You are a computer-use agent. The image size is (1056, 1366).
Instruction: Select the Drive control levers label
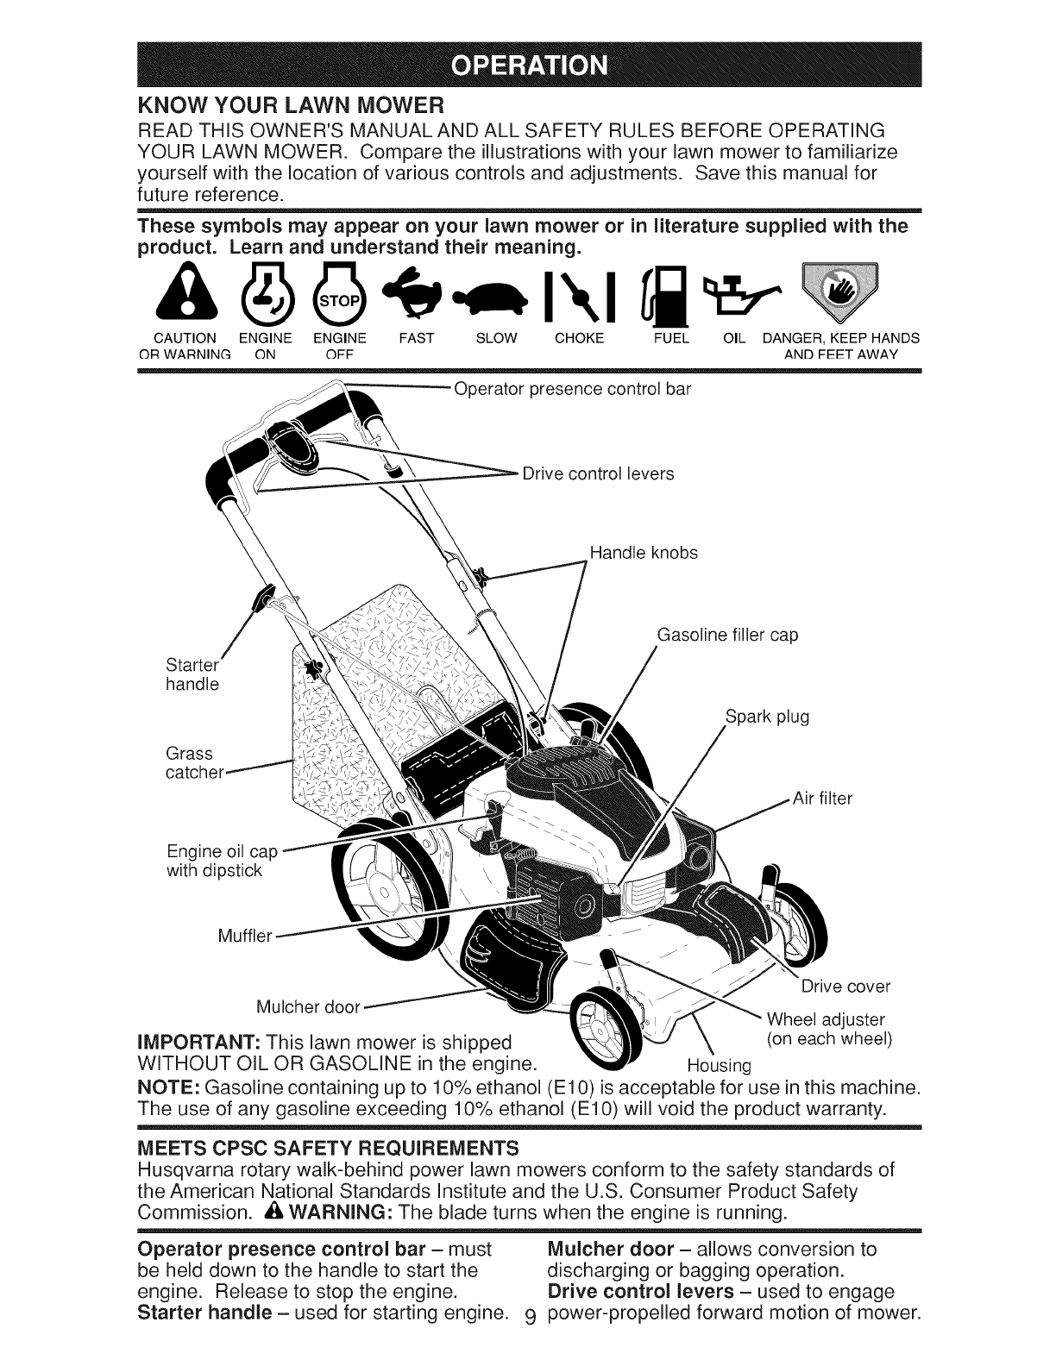[598, 473]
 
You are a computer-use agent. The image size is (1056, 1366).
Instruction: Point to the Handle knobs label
[644, 553]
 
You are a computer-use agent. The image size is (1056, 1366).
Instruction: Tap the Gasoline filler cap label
[727, 636]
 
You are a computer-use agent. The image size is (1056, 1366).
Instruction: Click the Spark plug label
[766, 717]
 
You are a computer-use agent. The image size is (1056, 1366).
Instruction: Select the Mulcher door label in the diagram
[308, 1007]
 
